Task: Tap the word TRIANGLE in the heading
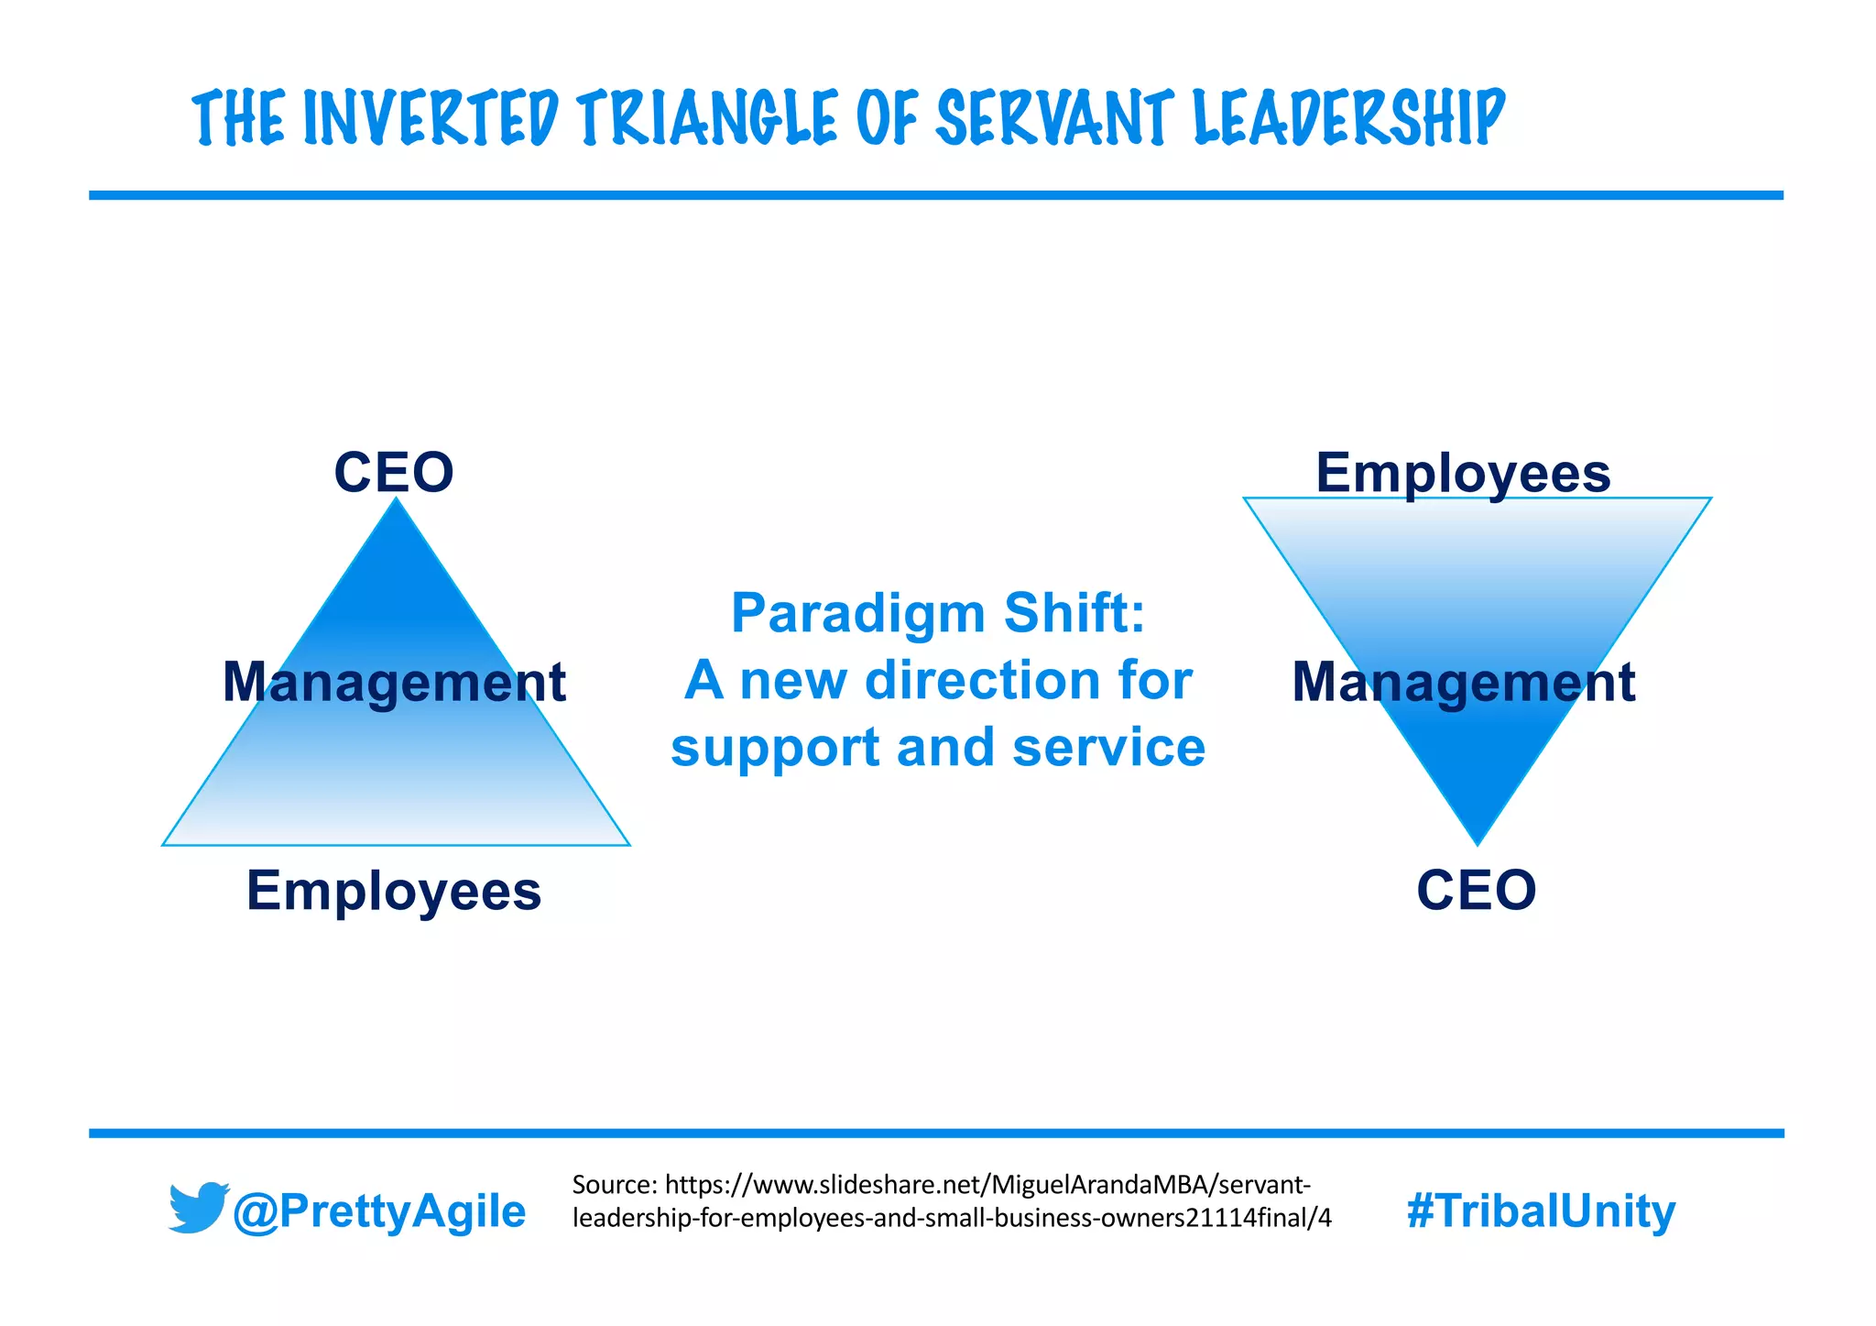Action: coord(706,118)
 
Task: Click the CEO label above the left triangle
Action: coord(394,473)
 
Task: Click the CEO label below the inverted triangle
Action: coord(1477,890)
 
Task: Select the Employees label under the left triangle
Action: coord(394,891)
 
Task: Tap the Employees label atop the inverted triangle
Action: coord(1463,473)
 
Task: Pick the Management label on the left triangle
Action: coord(394,682)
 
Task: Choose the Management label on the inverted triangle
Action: coord(1463,682)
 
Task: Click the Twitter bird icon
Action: coord(198,1208)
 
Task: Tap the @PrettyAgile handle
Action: coord(379,1211)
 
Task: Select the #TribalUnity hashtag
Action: coord(1541,1211)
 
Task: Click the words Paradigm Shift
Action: coord(938,612)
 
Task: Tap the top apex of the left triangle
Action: coord(396,500)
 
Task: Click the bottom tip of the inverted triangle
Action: coord(1478,842)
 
